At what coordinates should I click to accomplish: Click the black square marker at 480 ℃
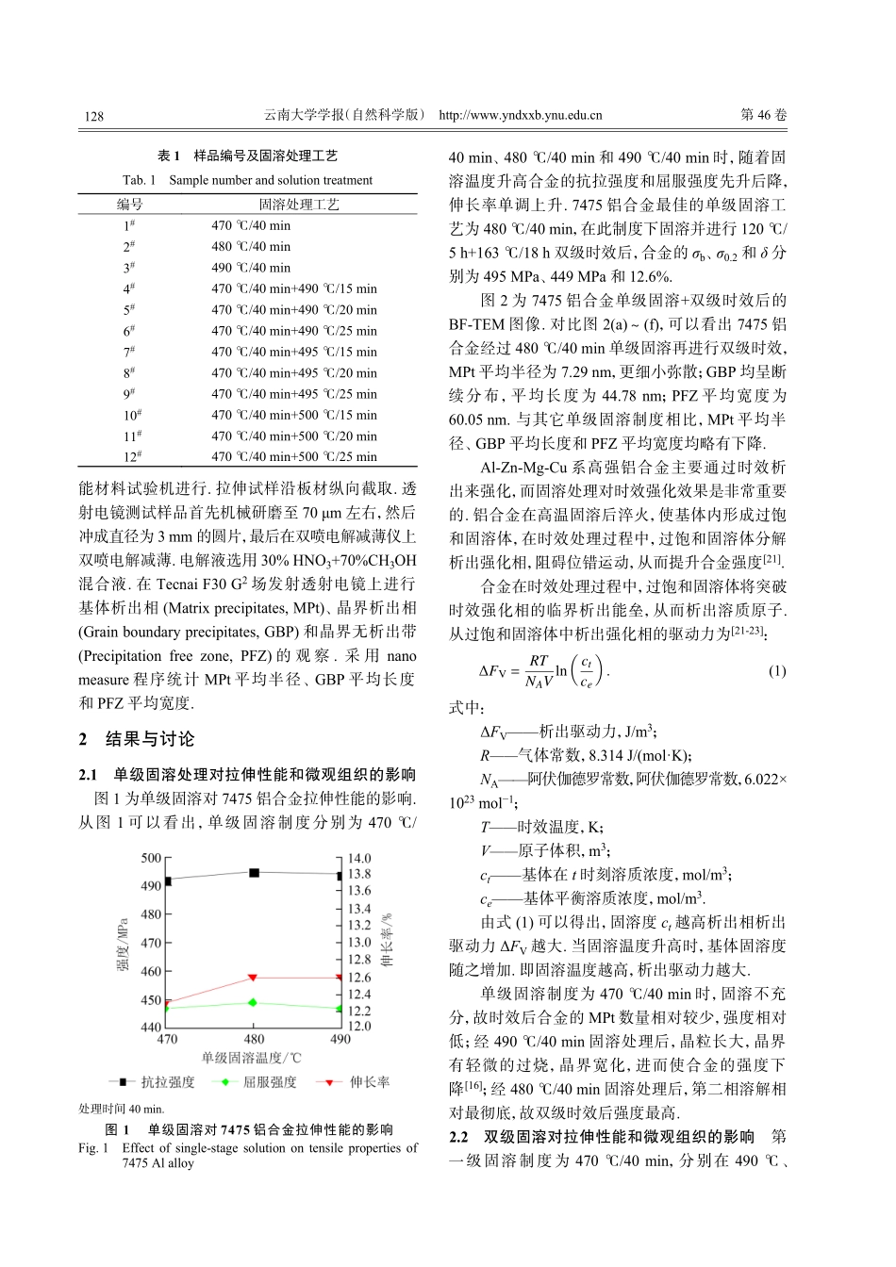click(x=254, y=873)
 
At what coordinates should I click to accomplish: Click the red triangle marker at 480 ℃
click(x=254, y=978)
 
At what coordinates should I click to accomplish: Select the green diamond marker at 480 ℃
click(x=254, y=1003)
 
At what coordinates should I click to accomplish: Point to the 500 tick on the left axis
click(x=151, y=858)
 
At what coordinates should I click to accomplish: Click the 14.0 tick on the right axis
click(x=359, y=858)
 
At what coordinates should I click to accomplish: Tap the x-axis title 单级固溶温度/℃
click(x=251, y=1059)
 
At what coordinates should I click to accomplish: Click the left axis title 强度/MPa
click(x=123, y=943)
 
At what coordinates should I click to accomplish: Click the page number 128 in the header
click(x=93, y=116)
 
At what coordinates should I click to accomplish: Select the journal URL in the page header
click(x=520, y=116)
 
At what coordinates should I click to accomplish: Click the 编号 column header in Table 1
click(x=129, y=205)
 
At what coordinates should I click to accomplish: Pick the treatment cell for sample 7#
click(x=293, y=352)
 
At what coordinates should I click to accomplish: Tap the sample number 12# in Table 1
click(x=132, y=457)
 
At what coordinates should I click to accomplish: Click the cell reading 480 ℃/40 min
click(x=251, y=247)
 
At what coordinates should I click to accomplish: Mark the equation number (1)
click(x=776, y=671)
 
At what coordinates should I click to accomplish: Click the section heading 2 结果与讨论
click(x=137, y=739)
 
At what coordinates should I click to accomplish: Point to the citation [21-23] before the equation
click(x=748, y=633)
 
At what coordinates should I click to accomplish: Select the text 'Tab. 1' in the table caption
click(x=139, y=180)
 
